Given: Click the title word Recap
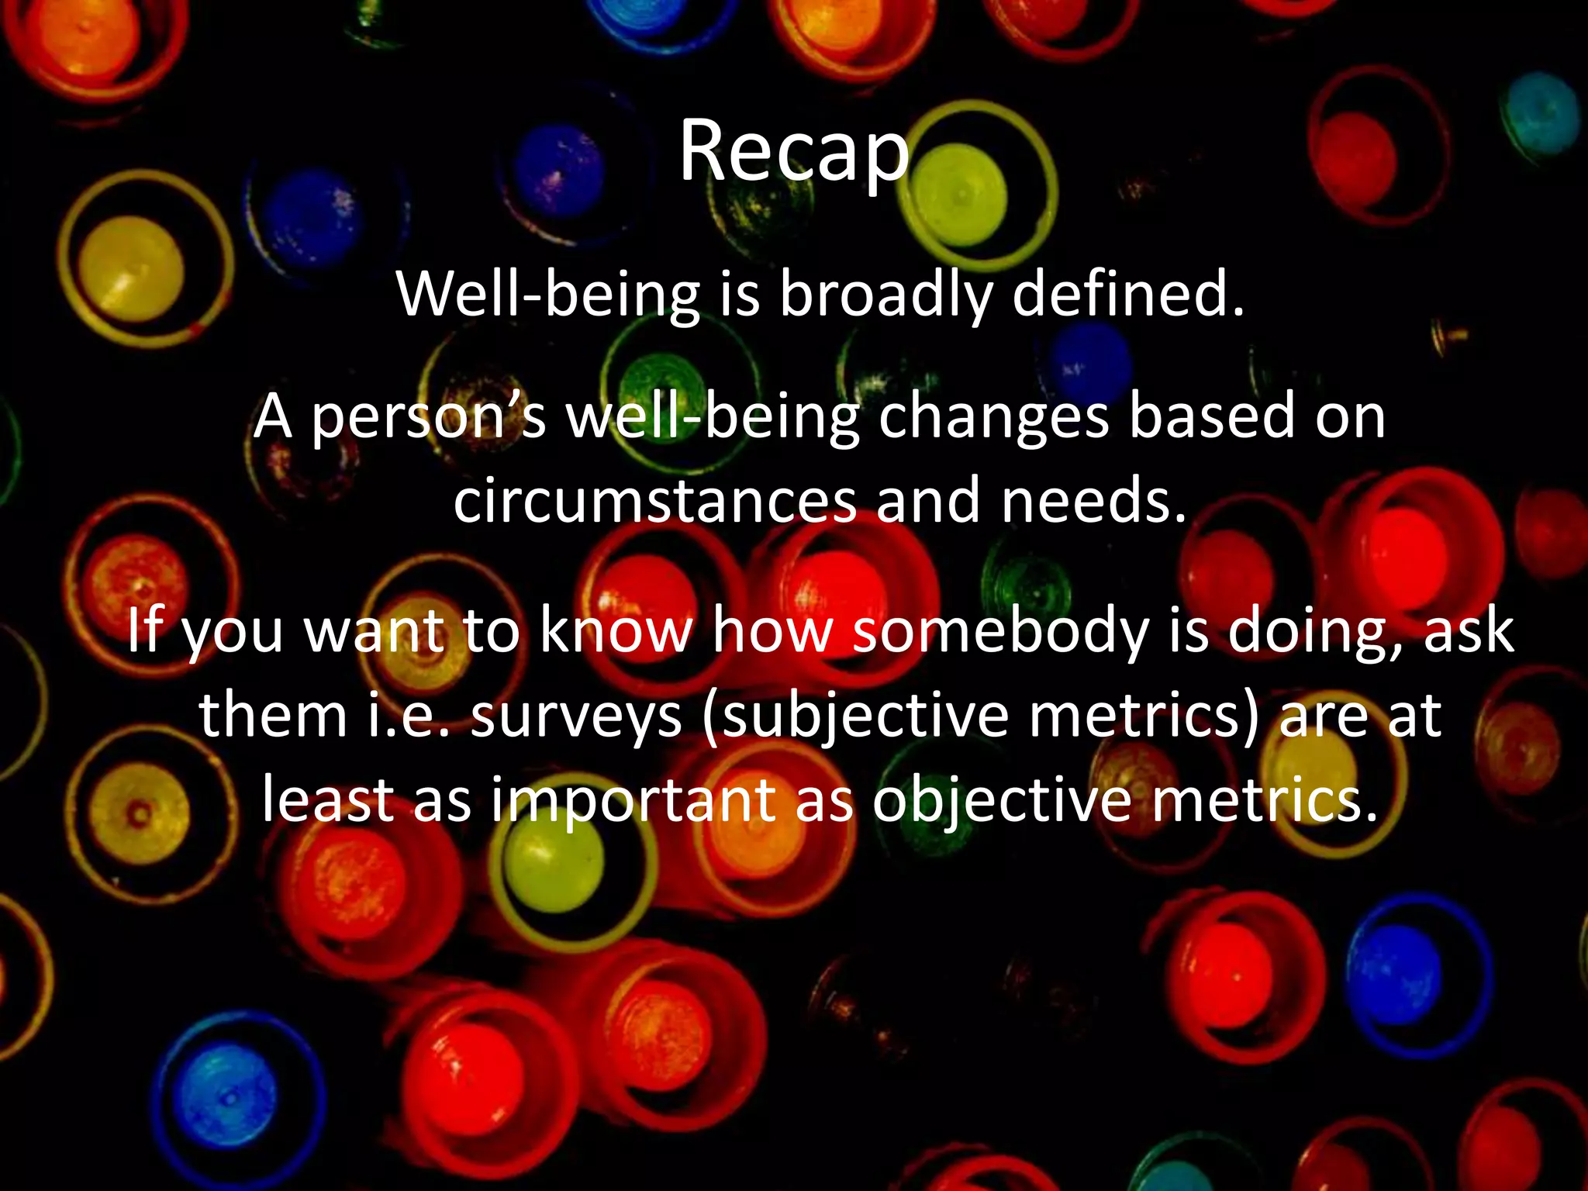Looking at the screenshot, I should tap(793, 152).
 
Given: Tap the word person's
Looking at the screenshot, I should tap(429, 417).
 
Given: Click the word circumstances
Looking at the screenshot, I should tap(655, 501).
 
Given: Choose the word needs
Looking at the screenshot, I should tap(1093, 501).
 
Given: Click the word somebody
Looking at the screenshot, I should tap(1000, 630).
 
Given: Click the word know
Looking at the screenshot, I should tap(616, 630).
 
